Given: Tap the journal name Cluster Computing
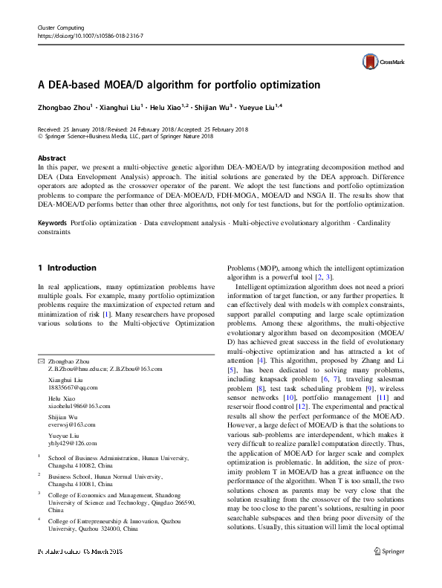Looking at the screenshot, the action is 62,26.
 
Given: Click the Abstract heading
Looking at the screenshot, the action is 51,159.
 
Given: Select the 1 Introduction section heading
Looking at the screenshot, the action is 67,268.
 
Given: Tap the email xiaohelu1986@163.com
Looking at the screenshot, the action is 79,406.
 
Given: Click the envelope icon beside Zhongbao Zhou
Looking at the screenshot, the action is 41,360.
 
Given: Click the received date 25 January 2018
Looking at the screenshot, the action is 83,128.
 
